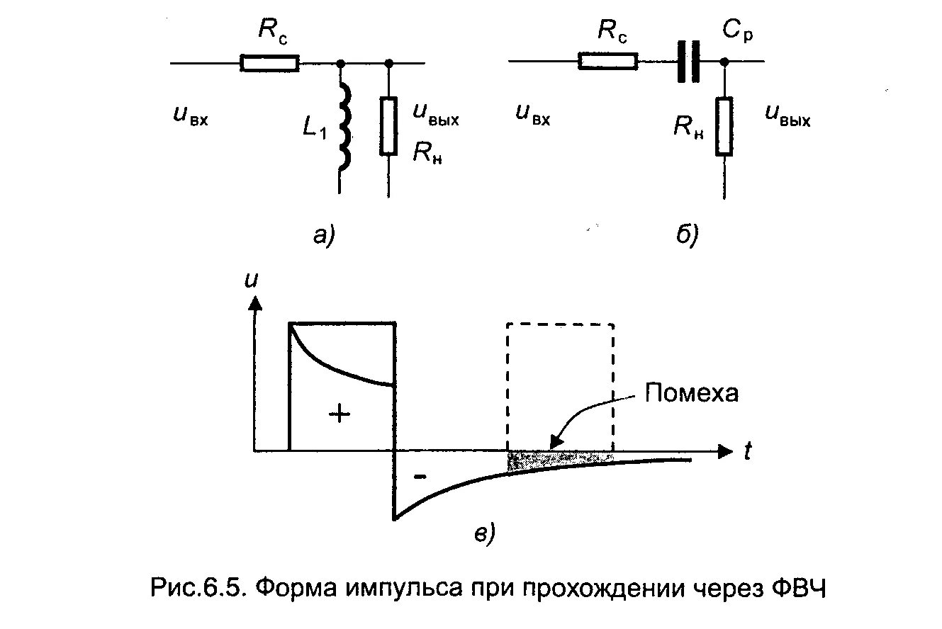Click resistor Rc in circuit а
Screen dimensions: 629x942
pyautogui.click(x=269, y=63)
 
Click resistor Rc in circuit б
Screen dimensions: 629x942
pyautogui.click(x=608, y=62)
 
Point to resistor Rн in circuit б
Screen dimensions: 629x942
pyautogui.click(x=723, y=126)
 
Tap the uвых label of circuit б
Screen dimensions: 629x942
pyautogui.click(x=787, y=117)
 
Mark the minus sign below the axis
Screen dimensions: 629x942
pyautogui.click(x=420, y=477)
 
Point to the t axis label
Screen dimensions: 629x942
pyautogui.click(x=746, y=453)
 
